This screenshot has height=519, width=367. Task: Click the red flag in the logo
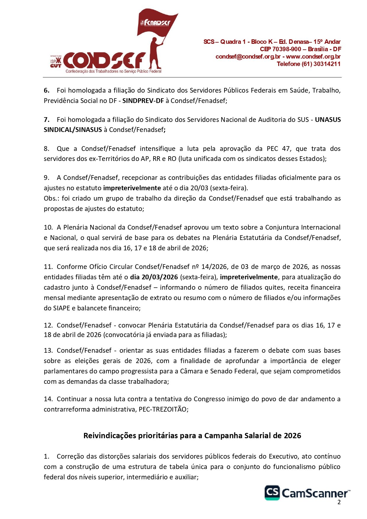coord(157,24)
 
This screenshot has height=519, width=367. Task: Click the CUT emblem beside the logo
coord(56,63)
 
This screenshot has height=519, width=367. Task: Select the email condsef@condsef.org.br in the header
coord(248,57)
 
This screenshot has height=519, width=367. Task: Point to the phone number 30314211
coord(327,64)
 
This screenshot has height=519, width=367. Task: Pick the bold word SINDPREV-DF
coord(143,101)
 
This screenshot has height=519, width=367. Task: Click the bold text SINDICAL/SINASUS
coord(73,130)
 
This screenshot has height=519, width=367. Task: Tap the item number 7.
coord(46,120)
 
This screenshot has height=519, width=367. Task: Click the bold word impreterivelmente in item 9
coord(132,188)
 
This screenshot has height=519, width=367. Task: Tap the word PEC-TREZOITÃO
coord(163,409)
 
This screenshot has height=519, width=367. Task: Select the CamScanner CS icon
coord(272,493)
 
